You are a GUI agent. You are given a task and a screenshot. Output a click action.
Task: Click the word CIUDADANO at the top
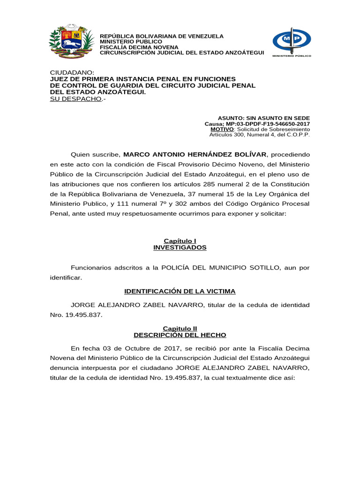tap(72, 73)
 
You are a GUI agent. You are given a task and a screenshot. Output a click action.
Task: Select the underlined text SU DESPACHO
tap(75, 99)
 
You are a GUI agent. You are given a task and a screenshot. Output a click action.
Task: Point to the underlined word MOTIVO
tap(222, 129)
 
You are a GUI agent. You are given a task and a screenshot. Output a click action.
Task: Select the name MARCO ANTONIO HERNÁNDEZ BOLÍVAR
tap(195, 154)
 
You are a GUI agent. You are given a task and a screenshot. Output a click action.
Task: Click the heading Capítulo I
tap(180, 241)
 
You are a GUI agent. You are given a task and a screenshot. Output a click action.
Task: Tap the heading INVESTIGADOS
tap(180, 247)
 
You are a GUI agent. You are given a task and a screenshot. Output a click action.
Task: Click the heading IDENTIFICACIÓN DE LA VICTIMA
tap(180, 291)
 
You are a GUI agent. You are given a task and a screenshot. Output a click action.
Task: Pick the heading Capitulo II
tap(180, 329)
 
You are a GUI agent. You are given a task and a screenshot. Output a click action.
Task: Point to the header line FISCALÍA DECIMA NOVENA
tap(139, 47)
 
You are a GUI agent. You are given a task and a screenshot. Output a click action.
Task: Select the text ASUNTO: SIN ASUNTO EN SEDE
tap(264, 118)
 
